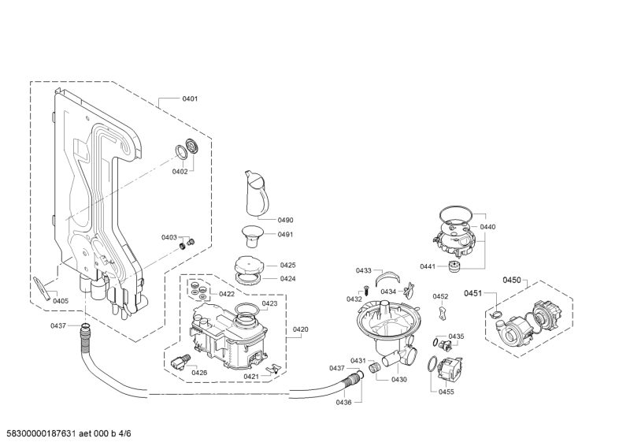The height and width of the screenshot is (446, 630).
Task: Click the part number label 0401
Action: point(190,98)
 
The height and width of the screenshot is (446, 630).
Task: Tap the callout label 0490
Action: point(286,220)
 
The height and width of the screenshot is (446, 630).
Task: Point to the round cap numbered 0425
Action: point(248,265)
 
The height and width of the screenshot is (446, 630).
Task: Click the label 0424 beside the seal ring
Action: point(288,279)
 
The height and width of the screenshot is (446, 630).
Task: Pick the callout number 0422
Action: point(227,294)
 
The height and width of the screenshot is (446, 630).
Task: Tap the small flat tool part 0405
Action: point(42,288)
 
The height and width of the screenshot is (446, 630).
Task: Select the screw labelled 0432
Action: point(366,289)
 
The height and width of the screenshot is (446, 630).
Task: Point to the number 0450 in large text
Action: point(512,280)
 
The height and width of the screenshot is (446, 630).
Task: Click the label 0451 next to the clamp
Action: point(473,293)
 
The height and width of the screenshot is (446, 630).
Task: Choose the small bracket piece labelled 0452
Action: point(442,312)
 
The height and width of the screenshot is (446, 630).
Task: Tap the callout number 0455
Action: point(447,392)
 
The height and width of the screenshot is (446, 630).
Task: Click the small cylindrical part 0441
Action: point(454,266)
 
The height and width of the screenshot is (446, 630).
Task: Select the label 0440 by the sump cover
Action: point(487,227)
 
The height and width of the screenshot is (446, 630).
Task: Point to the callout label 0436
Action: point(344,402)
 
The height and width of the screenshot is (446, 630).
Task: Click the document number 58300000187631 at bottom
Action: point(42,433)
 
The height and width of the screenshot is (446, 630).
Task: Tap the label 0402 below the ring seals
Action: point(180,172)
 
